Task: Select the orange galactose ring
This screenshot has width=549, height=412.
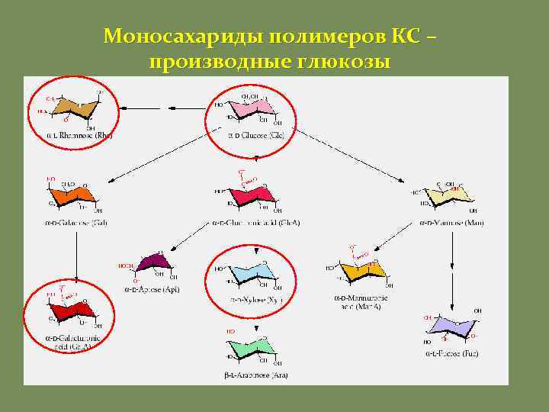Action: (x=75, y=195)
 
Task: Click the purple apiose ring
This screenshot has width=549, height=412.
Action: (x=157, y=263)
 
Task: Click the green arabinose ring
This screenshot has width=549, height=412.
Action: (x=252, y=347)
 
